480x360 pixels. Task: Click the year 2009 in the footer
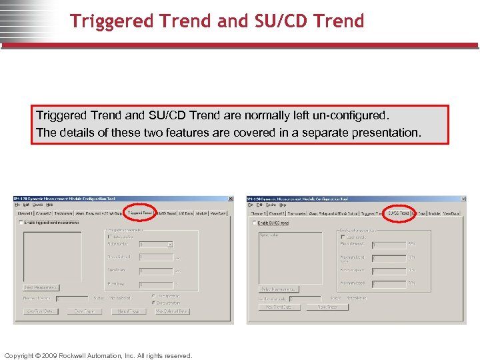[49, 355]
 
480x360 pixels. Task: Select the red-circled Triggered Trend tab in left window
[140, 213]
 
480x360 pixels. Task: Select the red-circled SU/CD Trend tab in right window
[399, 213]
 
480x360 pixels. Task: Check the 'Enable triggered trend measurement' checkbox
[21, 223]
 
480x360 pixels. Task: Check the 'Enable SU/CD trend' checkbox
[254, 223]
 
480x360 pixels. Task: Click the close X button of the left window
[231, 199]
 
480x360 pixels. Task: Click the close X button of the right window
[463, 199]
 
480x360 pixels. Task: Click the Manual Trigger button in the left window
[127, 311]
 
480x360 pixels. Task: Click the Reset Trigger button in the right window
[327, 307]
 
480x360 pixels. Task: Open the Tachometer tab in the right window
[295, 213]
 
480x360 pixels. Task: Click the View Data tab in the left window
[218, 213]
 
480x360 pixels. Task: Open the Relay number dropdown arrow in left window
[170, 245]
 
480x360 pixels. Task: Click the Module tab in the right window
[433, 213]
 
